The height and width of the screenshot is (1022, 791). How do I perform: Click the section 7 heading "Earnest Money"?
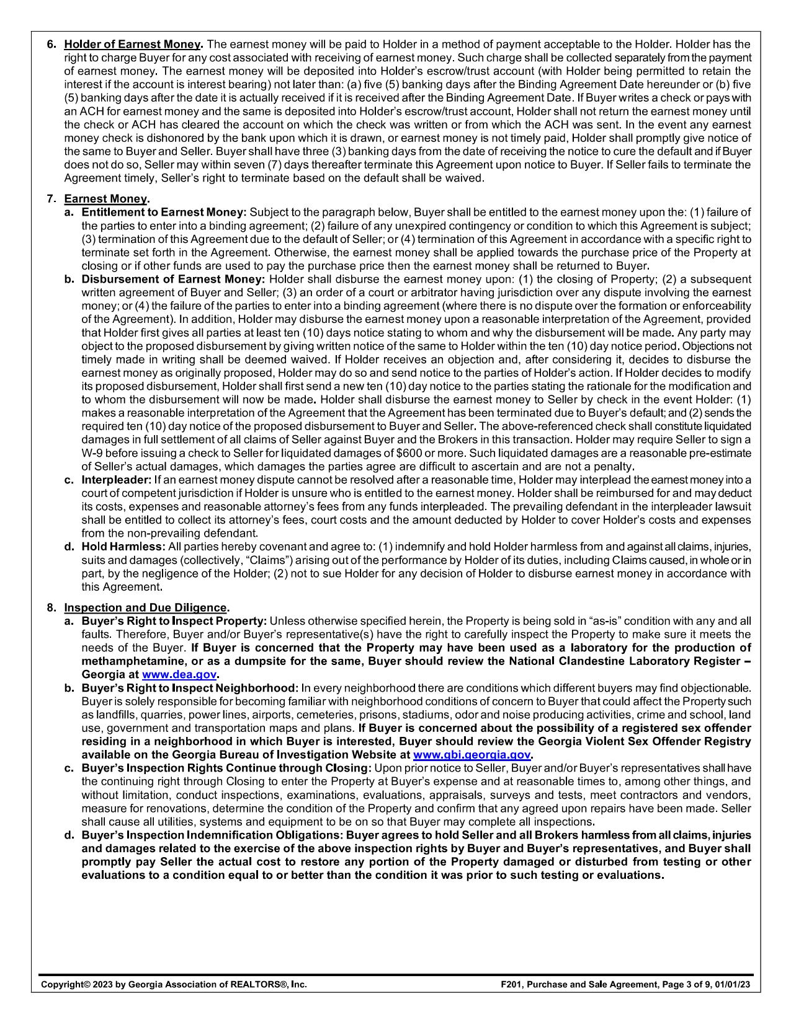pyautogui.click(x=106, y=199)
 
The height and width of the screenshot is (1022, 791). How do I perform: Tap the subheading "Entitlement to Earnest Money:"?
pyautogui.click(x=164, y=213)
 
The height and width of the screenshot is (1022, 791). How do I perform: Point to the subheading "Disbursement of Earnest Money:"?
pyautogui.click(x=173, y=280)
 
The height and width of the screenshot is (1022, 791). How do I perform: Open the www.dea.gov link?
pyautogui.click(x=179, y=674)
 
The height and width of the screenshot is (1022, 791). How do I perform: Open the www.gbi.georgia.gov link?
pyautogui.click(x=471, y=755)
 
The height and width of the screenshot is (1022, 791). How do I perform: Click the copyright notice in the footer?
pyautogui.click(x=174, y=984)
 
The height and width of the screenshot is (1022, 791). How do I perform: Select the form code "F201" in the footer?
pyautogui.click(x=511, y=984)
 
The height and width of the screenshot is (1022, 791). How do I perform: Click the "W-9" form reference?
pyautogui.click(x=92, y=453)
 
